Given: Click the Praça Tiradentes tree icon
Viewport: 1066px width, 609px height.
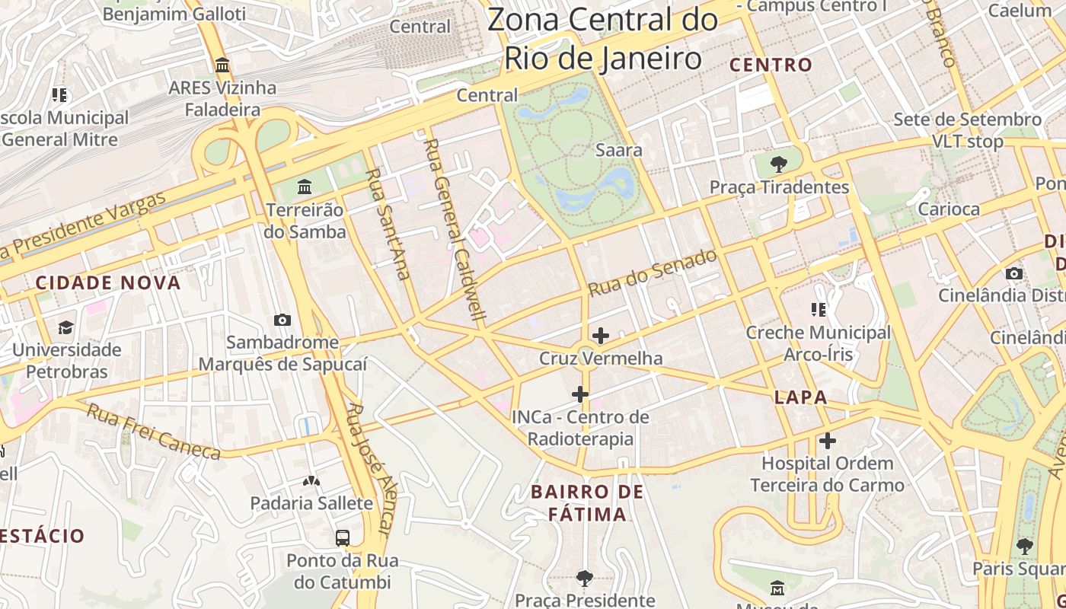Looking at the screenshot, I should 778,163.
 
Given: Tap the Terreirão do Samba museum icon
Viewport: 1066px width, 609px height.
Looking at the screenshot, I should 305,187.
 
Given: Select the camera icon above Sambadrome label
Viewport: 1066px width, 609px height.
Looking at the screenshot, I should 282,320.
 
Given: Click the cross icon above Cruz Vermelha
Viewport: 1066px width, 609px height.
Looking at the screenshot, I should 600,335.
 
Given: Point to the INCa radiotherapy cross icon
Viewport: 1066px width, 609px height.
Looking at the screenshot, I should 580,394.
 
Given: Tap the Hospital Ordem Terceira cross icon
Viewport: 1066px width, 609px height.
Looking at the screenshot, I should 827,441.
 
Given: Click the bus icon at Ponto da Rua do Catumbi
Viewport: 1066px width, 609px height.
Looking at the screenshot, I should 343,537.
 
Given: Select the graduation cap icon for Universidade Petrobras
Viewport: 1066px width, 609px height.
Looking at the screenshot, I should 66,327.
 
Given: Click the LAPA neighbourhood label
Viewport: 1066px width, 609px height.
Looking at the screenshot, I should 800,397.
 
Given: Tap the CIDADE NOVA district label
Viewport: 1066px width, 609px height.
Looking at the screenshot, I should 108,283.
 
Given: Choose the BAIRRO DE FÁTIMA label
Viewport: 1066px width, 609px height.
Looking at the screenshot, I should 587,502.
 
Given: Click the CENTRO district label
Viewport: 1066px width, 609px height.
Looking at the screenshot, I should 771,65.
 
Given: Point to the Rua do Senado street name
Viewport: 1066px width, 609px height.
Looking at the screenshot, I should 653,272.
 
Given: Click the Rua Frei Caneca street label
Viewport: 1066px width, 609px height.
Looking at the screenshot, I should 153,432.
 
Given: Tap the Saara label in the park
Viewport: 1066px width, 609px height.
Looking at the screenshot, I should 618,150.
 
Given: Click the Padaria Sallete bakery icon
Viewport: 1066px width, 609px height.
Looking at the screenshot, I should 311,481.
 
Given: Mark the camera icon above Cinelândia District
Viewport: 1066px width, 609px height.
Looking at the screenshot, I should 1013,273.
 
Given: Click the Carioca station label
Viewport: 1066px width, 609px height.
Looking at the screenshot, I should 949,209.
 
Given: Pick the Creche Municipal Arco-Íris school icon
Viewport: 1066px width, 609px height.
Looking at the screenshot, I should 819,309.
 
